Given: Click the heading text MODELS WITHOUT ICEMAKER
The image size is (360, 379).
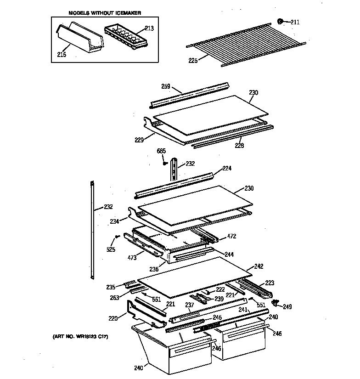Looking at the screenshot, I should (105, 13).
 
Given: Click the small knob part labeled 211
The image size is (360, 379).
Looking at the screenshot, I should (280, 21).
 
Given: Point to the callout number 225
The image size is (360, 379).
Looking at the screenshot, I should (193, 60).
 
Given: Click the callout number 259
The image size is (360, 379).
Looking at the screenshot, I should (166, 86).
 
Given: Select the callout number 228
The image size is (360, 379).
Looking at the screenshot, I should (239, 146).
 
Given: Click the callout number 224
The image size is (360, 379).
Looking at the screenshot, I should (227, 168).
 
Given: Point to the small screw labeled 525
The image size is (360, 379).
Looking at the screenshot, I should (117, 237).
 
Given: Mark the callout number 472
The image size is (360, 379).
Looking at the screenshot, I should (232, 237).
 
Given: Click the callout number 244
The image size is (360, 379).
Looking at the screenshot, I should (229, 254).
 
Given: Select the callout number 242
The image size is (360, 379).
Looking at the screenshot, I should (259, 266).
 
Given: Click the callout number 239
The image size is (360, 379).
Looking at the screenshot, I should (219, 299).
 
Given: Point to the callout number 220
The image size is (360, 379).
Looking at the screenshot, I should (112, 317).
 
